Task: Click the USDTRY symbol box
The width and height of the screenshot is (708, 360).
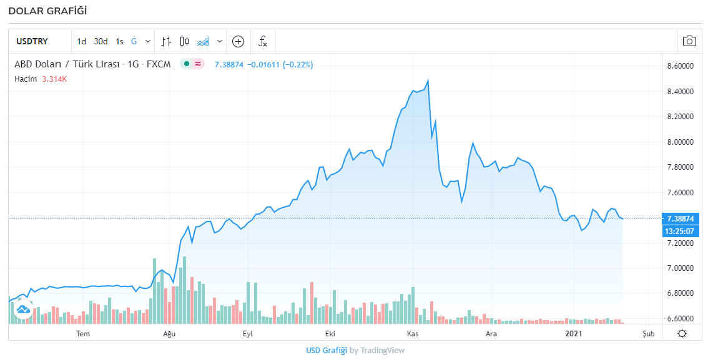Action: point(32,42)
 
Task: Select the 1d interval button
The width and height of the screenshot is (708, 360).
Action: point(82,42)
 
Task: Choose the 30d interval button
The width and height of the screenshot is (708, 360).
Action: point(101,42)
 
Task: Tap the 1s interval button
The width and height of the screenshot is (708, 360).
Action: point(119,42)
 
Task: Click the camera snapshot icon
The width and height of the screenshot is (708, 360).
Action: point(689,41)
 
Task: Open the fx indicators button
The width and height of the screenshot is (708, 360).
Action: point(263,42)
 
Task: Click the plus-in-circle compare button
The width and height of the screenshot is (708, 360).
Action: point(238,42)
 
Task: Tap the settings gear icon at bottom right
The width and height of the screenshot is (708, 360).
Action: point(682,333)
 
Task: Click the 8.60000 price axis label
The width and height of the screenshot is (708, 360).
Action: point(681,66)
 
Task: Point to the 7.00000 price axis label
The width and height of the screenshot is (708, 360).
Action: point(681,268)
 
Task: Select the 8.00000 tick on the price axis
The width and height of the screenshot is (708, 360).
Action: point(681,142)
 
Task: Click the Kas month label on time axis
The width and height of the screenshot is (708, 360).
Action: point(412,334)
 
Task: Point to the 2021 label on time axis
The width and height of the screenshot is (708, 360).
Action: point(574,334)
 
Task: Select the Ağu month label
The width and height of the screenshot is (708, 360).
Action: point(169,334)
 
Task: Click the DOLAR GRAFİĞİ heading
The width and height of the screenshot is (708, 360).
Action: point(47,11)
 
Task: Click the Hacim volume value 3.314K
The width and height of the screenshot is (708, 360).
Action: point(54,79)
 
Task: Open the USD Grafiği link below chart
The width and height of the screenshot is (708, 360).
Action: point(326,350)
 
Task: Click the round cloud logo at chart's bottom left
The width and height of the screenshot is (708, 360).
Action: point(23,309)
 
